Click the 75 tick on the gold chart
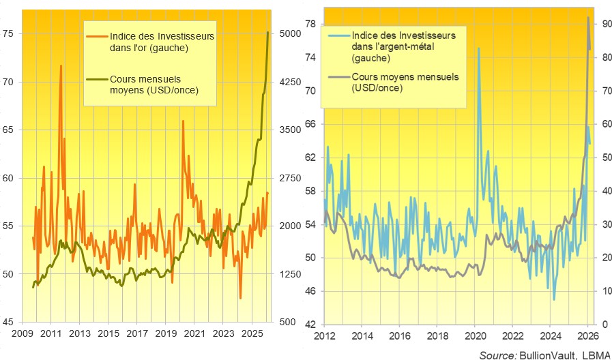pyautogui.click(x=12, y=34)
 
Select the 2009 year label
pyautogui.click(x=23, y=335)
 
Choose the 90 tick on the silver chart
pyautogui.click(x=604, y=25)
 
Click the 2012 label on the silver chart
pyautogui.click(x=323, y=337)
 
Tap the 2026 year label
pyautogui.click(x=587, y=337)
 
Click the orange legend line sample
pyautogui.click(x=98, y=35)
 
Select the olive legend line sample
pyautogui.click(x=98, y=80)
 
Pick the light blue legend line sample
pyautogui.click(x=338, y=35)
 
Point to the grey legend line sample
pyautogui.click(x=338, y=77)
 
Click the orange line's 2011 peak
pyautogui.click(x=61, y=65)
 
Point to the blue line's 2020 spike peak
pyautogui.click(x=478, y=48)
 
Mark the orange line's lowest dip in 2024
pyautogui.click(x=240, y=298)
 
